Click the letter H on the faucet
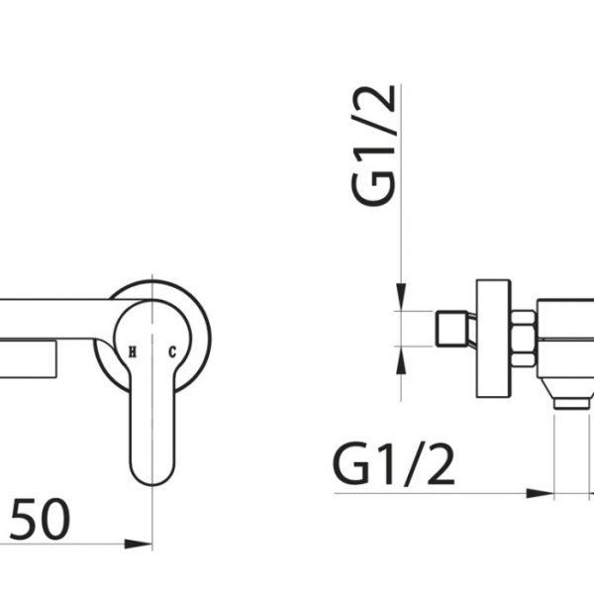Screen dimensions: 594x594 point(133,351)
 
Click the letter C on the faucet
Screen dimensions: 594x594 point(172,351)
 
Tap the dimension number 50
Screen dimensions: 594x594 point(41,519)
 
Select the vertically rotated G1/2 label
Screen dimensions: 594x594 point(373,147)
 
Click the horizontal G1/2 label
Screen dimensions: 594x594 point(394,465)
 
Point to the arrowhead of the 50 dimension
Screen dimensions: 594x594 point(139,544)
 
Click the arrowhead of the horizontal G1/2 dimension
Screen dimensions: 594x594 point(541,493)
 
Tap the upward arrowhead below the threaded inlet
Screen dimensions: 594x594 point(401,360)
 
